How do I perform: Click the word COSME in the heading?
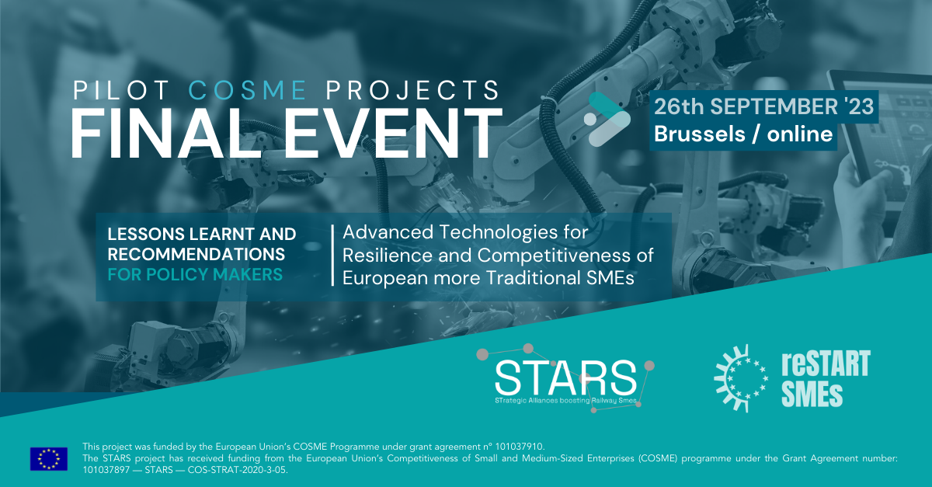point(248,90)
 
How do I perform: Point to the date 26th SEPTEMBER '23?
point(764,106)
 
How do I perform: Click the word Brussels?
point(700,134)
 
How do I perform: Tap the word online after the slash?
point(800,134)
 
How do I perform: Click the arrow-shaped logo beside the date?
point(607,119)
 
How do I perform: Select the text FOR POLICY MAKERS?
point(195,275)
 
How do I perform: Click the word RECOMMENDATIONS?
point(196,254)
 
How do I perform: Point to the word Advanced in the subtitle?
point(388,232)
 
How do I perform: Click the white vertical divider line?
point(333,256)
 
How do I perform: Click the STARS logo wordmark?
point(565,378)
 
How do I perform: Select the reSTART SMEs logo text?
point(826,378)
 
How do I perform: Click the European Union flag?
point(49,459)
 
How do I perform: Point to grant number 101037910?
point(520,447)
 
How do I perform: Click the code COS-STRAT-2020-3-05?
point(237,470)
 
